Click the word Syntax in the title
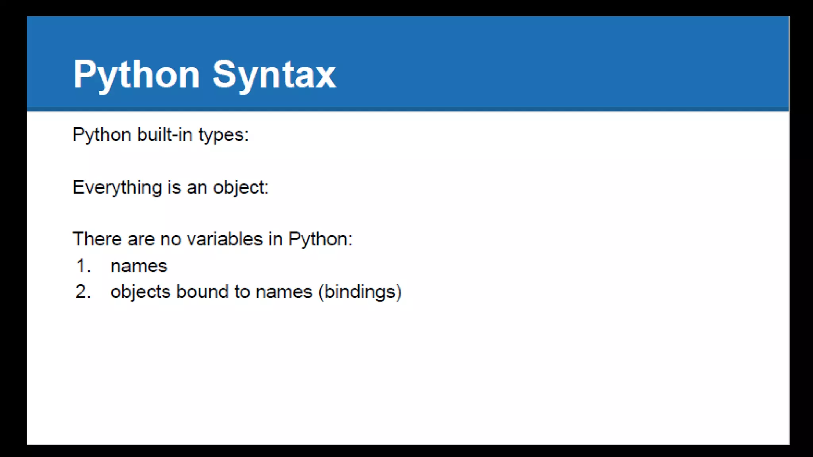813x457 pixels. click(274, 75)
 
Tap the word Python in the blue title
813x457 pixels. click(136, 75)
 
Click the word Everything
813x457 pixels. click(117, 187)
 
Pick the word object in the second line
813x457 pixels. click(240, 187)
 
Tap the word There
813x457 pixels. click(97, 239)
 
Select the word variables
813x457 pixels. click(225, 239)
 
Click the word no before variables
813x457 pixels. click(170, 239)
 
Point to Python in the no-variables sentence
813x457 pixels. click(320, 239)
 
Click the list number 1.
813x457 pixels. click(83, 266)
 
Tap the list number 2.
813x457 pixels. click(83, 292)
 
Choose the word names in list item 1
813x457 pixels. click(139, 266)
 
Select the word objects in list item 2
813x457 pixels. click(140, 292)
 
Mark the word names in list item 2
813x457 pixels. click(284, 292)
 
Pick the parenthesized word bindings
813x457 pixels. click(360, 292)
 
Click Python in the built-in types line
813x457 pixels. click(102, 135)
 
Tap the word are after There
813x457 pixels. click(141, 239)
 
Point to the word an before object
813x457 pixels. click(197, 188)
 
